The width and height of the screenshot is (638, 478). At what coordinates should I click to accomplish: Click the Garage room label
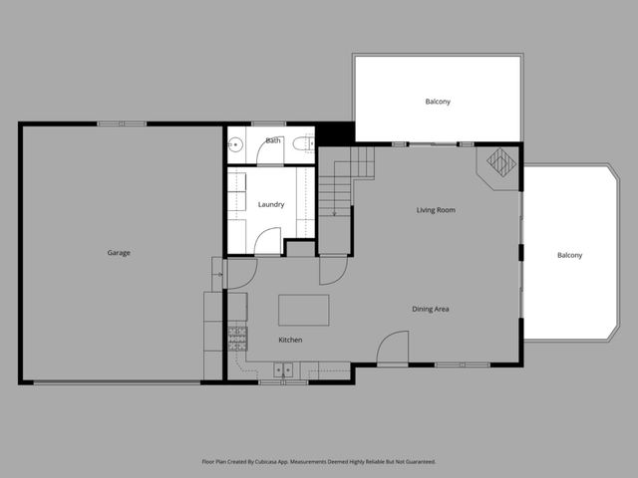pyautogui.click(x=119, y=253)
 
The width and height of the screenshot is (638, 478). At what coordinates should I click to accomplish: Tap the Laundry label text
pyautogui.click(x=271, y=205)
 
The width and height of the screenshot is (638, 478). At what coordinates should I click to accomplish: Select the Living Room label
pyautogui.click(x=436, y=210)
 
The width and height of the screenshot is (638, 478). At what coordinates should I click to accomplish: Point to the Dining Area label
pyautogui.click(x=431, y=309)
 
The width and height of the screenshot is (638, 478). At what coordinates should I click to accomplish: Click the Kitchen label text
pyautogui.click(x=290, y=341)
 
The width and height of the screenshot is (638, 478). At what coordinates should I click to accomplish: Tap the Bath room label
pyautogui.click(x=272, y=141)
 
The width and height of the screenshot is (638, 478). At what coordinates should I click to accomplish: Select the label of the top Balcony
pyautogui.click(x=438, y=102)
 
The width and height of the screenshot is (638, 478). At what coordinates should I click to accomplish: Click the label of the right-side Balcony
pyautogui.click(x=569, y=256)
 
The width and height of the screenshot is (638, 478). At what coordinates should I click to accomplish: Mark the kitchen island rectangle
pyautogui.click(x=303, y=310)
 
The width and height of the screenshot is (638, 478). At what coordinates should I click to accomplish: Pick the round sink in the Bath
pyautogui.click(x=236, y=146)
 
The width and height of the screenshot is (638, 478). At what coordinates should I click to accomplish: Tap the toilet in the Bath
pyautogui.click(x=300, y=147)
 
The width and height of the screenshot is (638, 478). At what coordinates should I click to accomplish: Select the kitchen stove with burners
pyautogui.click(x=237, y=340)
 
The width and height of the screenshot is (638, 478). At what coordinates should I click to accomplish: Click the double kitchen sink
pyautogui.click(x=283, y=369)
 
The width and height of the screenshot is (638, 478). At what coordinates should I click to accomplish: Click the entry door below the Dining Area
pyautogui.click(x=395, y=348)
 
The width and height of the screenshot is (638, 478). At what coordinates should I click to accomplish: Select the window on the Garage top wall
pyautogui.click(x=122, y=123)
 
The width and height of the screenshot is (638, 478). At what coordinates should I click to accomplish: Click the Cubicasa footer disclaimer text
pyautogui.click(x=318, y=462)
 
